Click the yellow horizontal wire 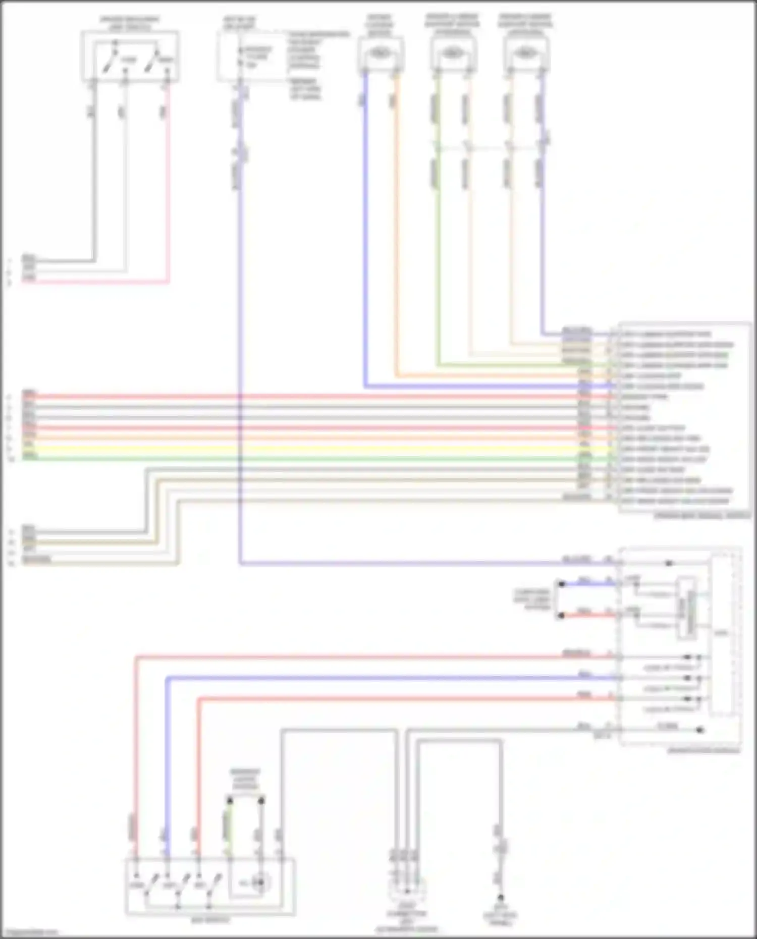tap(303, 449)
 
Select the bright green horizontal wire tap(303, 459)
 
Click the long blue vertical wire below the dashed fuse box tap(239, 353)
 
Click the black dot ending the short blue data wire tap(561, 584)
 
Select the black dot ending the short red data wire tap(561, 616)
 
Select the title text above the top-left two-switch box tap(130, 23)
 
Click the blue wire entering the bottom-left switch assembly tap(167, 807)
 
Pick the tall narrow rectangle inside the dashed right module tap(687, 608)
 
